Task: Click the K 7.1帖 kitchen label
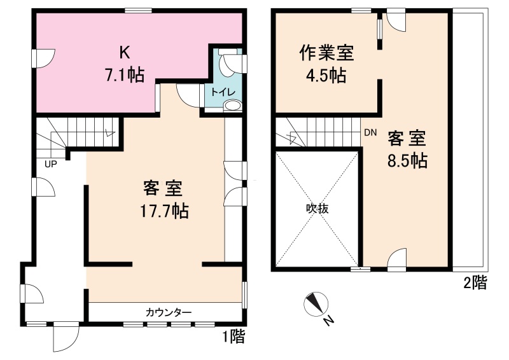[x=125, y=65]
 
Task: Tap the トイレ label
[x=223, y=92]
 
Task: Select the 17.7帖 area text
[x=164, y=211]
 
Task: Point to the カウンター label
[x=169, y=312]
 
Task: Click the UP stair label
[x=51, y=164]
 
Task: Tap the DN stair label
[x=370, y=132]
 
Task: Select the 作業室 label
[x=326, y=53]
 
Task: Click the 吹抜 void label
[x=317, y=209]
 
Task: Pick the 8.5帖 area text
[x=407, y=160]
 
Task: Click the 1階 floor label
[x=234, y=336]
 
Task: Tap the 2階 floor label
[x=475, y=282]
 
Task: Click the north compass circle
[x=316, y=304]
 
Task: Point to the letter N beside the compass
[x=329, y=321]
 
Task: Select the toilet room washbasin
[x=232, y=106]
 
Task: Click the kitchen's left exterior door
[x=44, y=59]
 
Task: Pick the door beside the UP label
[x=44, y=186]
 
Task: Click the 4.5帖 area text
[x=326, y=76]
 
